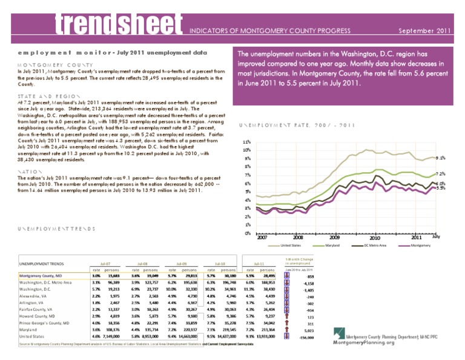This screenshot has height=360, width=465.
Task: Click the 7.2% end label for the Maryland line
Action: pyautogui.click(x=441, y=174)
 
